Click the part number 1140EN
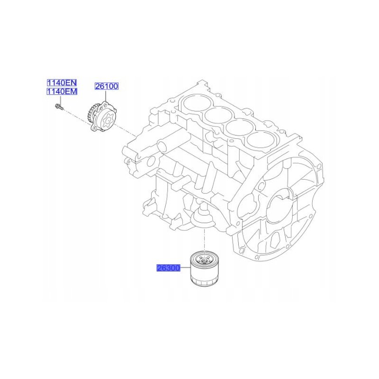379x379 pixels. pyautogui.click(x=61, y=82)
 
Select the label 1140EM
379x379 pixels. pyautogui.click(x=61, y=91)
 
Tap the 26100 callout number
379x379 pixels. pyautogui.click(x=107, y=86)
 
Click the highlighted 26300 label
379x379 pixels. pyautogui.click(x=168, y=268)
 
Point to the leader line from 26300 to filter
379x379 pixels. pyautogui.click(x=185, y=268)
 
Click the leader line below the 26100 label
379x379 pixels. pyautogui.click(x=106, y=96)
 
